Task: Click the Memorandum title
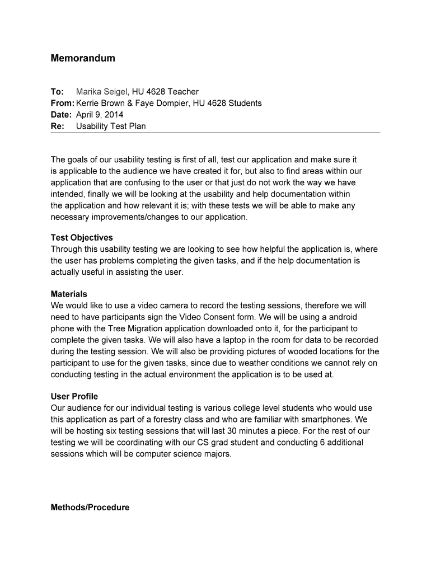point(83,58)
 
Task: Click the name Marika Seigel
point(102,92)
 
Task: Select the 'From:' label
point(62,103)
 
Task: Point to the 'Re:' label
point(58,126)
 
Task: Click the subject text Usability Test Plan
point(111,126)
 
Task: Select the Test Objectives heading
point(82,238)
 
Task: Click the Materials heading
point(69,294)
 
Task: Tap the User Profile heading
point(74,397)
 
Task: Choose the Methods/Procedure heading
point(90,508)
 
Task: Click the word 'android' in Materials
point(348,317)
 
